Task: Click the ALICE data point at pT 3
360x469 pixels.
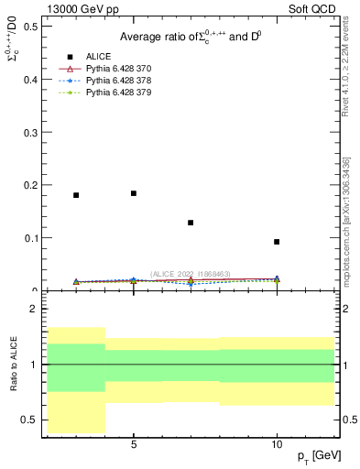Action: click(x=76, y=195)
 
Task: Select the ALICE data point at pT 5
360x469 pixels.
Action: click(x=134, y=193)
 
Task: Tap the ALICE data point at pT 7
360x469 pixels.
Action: click(x=191, y=223)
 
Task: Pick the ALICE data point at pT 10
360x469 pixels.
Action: click(x=277, y=242)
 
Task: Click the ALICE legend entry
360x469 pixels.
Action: click(x=99, y=57)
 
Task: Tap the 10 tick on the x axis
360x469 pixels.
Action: click(x=277, y=445)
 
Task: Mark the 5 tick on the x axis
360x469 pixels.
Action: click(x=134, y=445)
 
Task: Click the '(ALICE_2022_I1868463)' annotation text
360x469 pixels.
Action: click(x=191, y=273)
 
